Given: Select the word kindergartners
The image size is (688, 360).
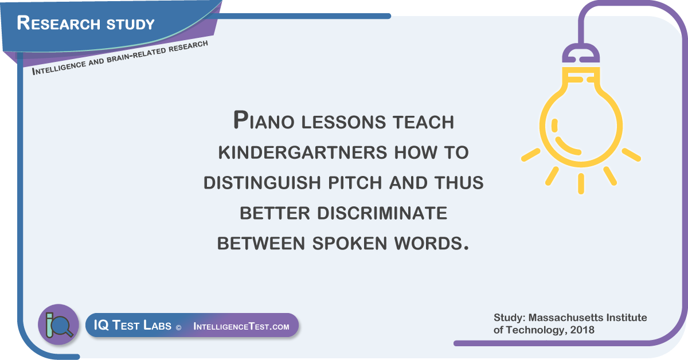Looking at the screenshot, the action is pyautogui.click(x=303, y=152).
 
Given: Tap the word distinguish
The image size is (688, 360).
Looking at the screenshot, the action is pyautogui.click(x=263, y=182).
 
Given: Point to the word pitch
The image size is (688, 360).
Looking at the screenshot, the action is pyautogui.click(x=355, y=182).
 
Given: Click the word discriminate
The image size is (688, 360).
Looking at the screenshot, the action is pyautogui.click(x=382, y=213).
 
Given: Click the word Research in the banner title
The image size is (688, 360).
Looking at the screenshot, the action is pyautogui.click(x=58, y=23).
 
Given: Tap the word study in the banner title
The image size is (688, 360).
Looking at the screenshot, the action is pyautogui.click(x=131, y=24).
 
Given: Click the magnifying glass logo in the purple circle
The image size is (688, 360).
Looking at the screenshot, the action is pyautogui.click(x=59, y=325).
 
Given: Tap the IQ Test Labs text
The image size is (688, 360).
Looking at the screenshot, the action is pyautogui.click(x=132, y=325).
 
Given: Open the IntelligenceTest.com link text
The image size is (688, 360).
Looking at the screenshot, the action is pyautogui.click(x=241, y=326).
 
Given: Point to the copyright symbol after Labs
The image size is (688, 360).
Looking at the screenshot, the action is pyautogui.click(x=178, y=328).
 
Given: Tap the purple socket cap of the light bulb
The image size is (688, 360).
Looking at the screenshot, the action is pyautogui.click(x=581, y=53).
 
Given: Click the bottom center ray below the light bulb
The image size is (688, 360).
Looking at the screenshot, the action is pyautogui.click(x=581, y=183).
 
